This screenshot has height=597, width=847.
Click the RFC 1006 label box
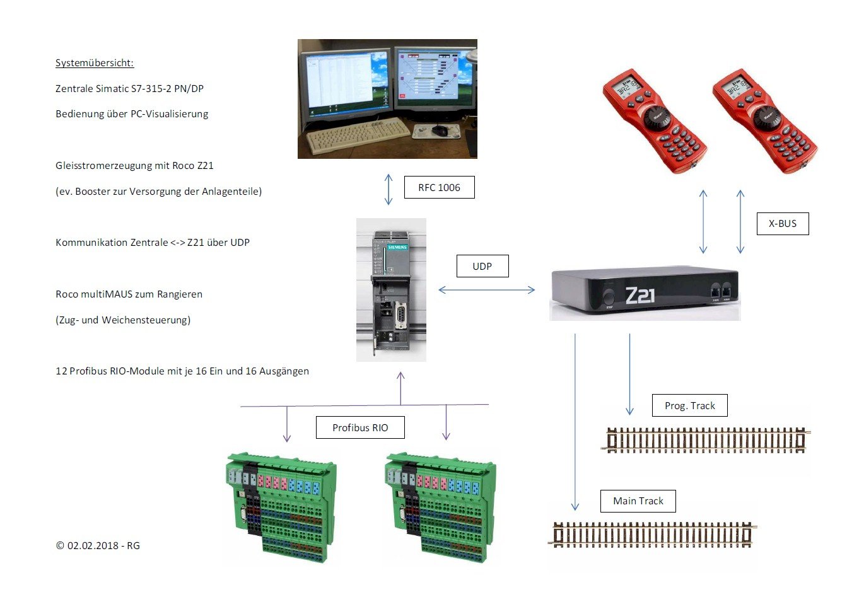point(439,187)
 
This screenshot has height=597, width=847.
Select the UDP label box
point(482,266)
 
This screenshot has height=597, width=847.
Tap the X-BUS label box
point(782,223)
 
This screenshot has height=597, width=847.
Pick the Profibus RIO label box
point(360,427)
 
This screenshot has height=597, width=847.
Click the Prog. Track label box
point(689,405)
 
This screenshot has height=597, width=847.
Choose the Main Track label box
point(638,501)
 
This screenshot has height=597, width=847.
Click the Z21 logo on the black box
point(639,294)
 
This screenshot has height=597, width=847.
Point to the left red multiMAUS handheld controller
point(654,120)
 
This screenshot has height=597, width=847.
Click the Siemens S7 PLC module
point(391,290)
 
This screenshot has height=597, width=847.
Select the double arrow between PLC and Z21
point(486,290)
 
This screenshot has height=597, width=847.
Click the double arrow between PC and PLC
point(388,190)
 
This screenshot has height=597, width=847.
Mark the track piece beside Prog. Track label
point(706,440)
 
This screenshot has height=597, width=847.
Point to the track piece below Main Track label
point(653,535)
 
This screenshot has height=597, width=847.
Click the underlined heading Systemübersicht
point(95,63)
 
